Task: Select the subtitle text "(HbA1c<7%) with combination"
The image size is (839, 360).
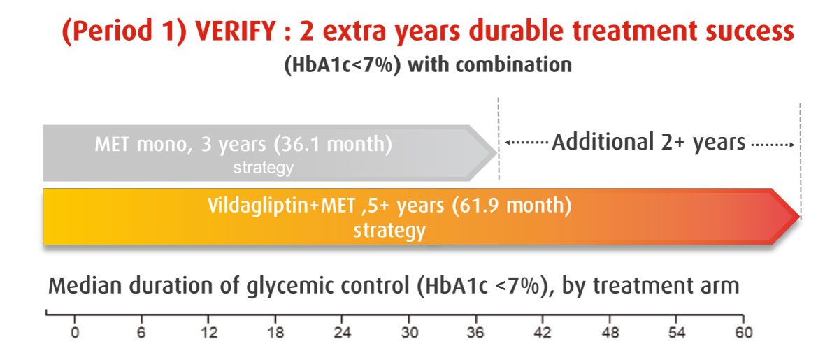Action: pos(427,65)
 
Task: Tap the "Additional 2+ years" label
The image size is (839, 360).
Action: pos(648,143)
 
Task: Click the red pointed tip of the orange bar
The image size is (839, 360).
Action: pos(794,217)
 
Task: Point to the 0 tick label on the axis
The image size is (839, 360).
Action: pos(75,332)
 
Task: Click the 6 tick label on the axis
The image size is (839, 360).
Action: pos(141,332)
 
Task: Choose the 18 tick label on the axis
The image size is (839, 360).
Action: pos(275,332)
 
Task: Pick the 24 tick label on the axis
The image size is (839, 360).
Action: pos(343,332)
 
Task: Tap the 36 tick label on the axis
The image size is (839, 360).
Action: pos(476,332)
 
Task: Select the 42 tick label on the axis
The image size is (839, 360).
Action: pos(543,332)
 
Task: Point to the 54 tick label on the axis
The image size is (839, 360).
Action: pos(677,332)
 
